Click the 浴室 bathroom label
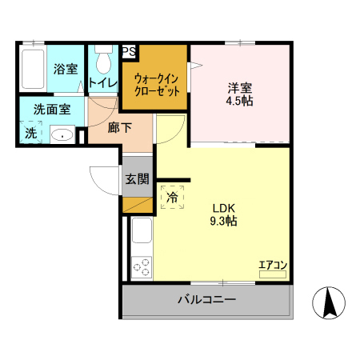click(65, 69)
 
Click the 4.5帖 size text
click(239, 102)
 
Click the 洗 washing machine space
click(30, 133)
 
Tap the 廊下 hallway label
click(119, 127)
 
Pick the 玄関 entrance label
click(136, 179)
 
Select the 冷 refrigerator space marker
click(172, 196)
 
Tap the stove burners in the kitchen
click(142, 266)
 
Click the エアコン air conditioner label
click(272, 265)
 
